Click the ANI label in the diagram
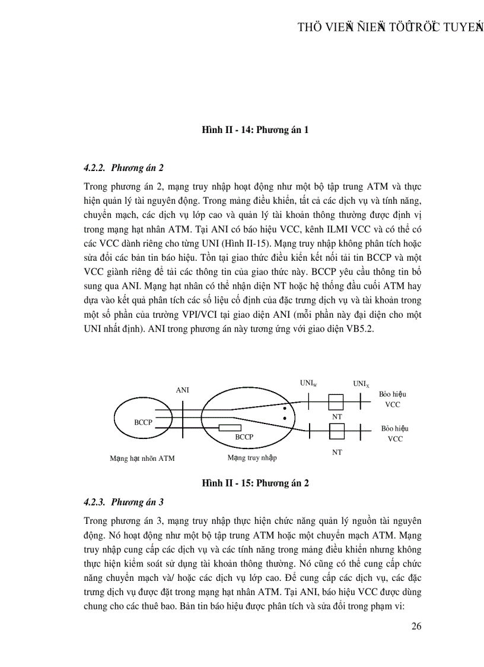[x=183, y=390]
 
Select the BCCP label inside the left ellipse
[x=143, y=422]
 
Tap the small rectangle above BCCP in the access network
[x=230, y=427]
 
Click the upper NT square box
[x=337, y=401]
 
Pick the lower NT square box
[x=337, y=431]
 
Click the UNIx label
[x=361, y=384]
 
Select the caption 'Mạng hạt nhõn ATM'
[x=142, y=459]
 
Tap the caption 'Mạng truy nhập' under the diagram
[x=252, y=458]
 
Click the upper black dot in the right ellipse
[x=285, y=409]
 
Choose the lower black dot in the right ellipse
[x=285, y=418]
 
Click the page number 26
[x=416, y=626]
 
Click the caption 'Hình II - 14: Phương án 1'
[x=256, y=129]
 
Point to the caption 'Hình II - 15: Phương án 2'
[x=256, y=483]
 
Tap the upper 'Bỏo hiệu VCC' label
[x=393, y=399]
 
